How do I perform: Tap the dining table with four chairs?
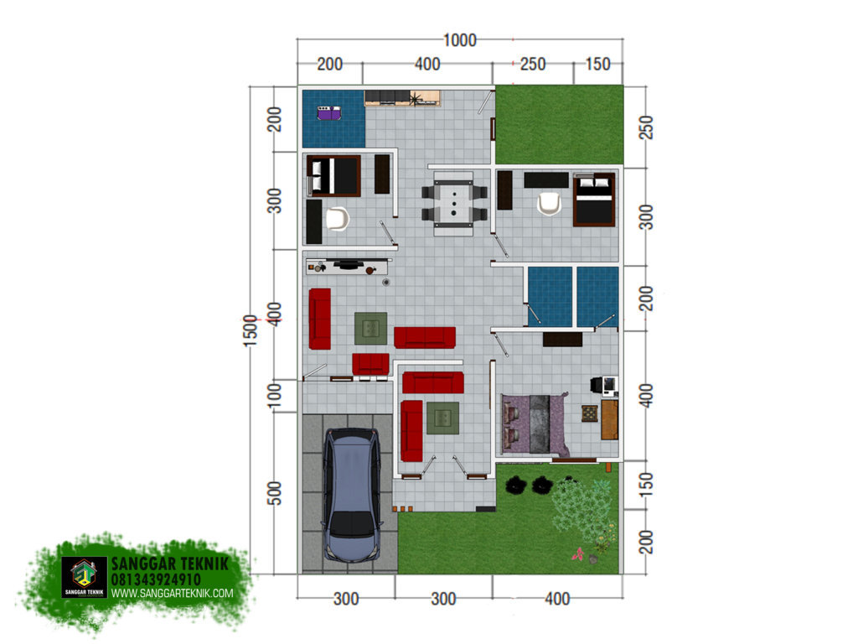(x=454, y=203)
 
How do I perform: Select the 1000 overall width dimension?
(x=459, y=40)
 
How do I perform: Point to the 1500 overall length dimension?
(x=250, y=330)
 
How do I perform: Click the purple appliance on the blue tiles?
(x=328, y=113)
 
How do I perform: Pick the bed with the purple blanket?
(x=535, y=424)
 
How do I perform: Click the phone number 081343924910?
(x=156, y=579)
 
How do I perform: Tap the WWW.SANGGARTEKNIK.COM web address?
(x=173, y=593)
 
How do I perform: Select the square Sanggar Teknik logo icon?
(x=85, y=577)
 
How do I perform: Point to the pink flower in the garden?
(x=577, y=555)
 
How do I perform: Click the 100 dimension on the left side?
(x=274, y=395)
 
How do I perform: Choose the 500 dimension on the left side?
(x=274, y=493)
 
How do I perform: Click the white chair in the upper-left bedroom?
(x=337, y=219)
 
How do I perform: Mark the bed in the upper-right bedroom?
(x=594, y=200)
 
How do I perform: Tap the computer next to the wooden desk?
(x=605, y=386)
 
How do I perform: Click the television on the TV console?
(x=348, y=265)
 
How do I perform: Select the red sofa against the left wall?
(x=319, y=319)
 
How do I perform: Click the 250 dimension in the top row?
(x=532, y=64)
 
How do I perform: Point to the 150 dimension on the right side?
(x=646, y=484)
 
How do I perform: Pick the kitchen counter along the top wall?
(x=402, y=98)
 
